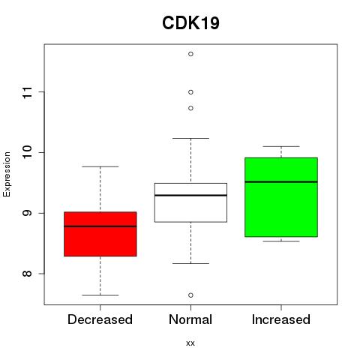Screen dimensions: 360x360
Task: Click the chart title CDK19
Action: (x=190, y=23)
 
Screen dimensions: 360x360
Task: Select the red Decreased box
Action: (x=100, y=234)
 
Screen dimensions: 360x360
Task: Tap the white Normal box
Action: (x=190, y=202)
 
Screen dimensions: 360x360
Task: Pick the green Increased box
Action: (x=281, y=197)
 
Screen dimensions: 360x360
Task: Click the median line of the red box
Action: (x=100, y=226)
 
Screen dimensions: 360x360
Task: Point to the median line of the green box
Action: (x=281, y=181)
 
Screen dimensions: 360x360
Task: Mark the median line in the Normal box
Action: (x=190, y=195)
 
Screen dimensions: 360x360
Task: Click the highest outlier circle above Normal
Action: (x=190, y=54)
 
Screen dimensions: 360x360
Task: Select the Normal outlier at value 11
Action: (x=190, y=92)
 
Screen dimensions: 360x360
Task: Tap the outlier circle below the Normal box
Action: (x=190, y=295)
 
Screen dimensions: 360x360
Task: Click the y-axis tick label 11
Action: (x=28, y=92)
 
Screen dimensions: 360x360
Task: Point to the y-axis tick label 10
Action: (x=28, y=152)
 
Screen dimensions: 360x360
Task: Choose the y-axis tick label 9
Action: (x=28, y=213)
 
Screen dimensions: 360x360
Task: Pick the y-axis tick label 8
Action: (x=28, y=274)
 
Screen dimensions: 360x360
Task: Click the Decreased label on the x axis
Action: (x=100, y=319)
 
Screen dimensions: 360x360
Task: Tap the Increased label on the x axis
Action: (x=281, y=319)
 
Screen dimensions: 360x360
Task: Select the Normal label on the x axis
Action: (x=190, y=319)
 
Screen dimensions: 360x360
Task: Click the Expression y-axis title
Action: (x=7, y=174)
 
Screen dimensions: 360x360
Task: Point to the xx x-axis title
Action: (x=190, y=343)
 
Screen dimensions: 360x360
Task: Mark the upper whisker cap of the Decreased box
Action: (x=100, y=166)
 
